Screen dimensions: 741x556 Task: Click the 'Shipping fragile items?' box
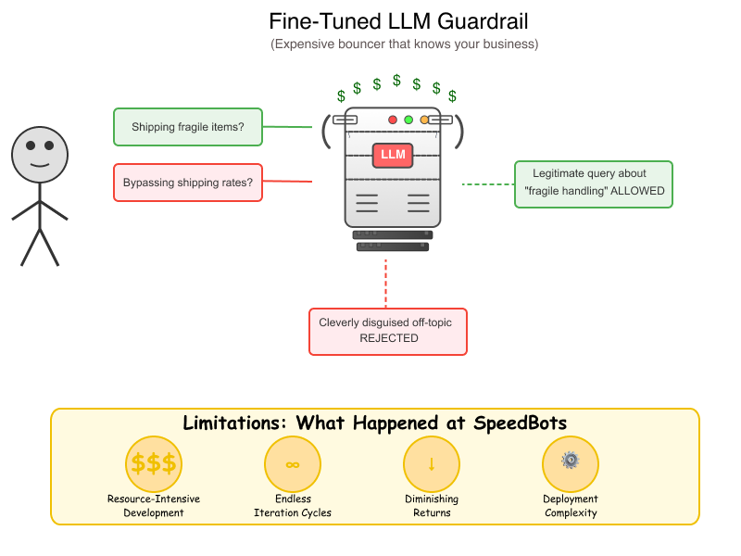(x=188, y=127)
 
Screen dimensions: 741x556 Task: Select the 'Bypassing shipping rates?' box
(x=188, y=183)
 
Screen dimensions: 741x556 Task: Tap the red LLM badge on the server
(x=393, y=155)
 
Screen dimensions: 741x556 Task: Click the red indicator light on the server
(x=392, y=120)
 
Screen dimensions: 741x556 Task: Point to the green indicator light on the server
(x=408, y=120)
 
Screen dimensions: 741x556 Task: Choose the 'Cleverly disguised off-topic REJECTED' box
(x=388, y=332)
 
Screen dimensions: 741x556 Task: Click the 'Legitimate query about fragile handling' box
(x=594, y=184)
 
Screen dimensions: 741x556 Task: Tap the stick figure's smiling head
(x=40, y=155)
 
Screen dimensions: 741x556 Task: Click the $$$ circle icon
(x=154, y=464)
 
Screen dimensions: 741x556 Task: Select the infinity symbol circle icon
(x=293, y=464)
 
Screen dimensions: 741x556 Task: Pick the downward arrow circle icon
(x=432, y=464)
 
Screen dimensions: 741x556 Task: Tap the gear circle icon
(x=571, y=464)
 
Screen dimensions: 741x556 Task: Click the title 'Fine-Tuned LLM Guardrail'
(x=398, y=21)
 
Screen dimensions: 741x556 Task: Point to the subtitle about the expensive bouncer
(x=405, y=44)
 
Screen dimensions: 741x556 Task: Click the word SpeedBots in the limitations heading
(x=520, y=423)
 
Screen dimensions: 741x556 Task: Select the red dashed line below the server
(x=385, y=284)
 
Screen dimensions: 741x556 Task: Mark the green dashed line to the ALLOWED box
(x=488, y=183)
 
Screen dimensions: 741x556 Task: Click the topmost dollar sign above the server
(x=397, y=81)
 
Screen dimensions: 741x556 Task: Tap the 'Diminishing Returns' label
(x=432, y=505)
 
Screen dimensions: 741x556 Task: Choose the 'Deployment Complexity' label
(x=571, y=505)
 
